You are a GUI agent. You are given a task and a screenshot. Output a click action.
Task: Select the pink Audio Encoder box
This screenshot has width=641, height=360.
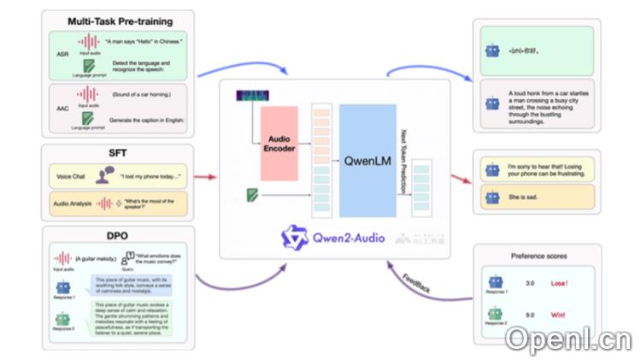tap(279, 143)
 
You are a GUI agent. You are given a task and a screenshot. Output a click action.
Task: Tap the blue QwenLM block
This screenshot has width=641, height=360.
tap(367, 159)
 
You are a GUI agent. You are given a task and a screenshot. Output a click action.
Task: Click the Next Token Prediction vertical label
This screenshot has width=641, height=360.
tap(405, 159)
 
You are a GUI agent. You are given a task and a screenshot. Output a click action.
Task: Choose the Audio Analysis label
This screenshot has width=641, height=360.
tap(73, 204)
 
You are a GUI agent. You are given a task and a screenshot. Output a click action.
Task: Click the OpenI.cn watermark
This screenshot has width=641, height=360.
tap(566, 339)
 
